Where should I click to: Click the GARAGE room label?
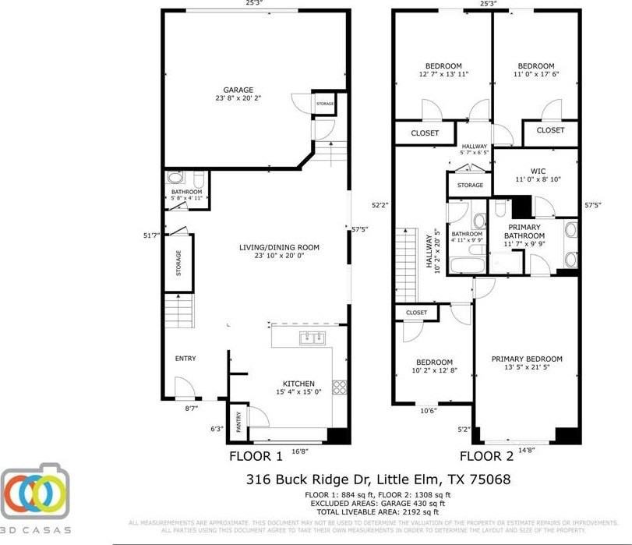pyautogui.click(x=238, y=90)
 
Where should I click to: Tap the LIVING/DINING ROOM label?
pyautogui.click(x=279, y=248)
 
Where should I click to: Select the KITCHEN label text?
pyautogui.click(x=298, y=384)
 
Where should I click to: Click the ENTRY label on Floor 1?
pyautogui.click(x=185, y=359)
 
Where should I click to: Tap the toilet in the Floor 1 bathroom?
pyautogui.click(x=175, y=179)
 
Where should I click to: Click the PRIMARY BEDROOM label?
pyautogui.click(x=527, y=359)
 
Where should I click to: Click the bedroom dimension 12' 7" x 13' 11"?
pyautogui.click(x=443, y=75)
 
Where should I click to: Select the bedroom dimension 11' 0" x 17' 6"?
pyautogui.click(x=536, y=75)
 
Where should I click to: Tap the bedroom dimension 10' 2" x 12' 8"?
pyautogui.click(x=433, y=370)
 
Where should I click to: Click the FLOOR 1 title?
pyautogui.click(x=255, y=456)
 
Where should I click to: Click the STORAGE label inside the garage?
pyautogui.click(x=325, y=104)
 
